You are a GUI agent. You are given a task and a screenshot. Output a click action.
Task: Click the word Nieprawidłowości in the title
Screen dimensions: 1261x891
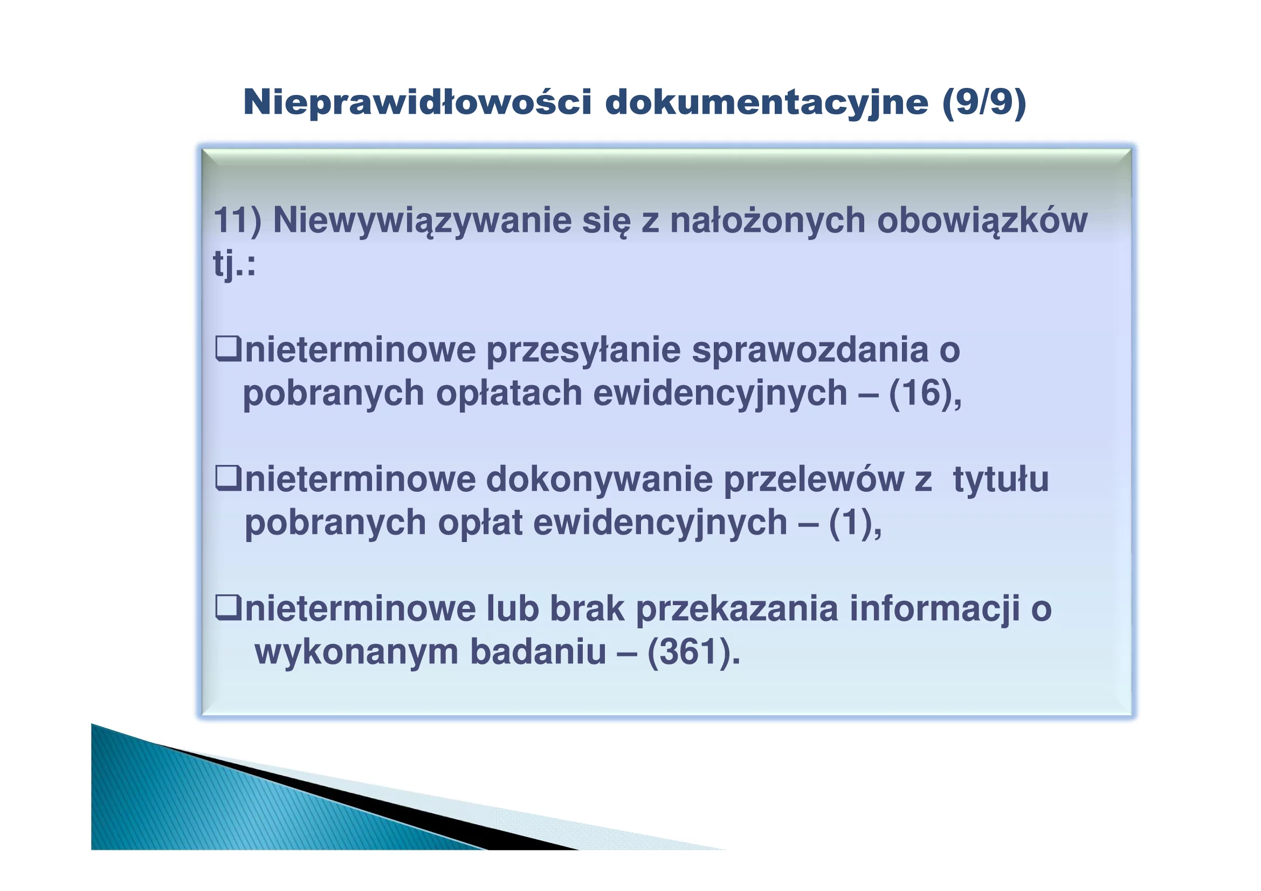[x=418, y=102]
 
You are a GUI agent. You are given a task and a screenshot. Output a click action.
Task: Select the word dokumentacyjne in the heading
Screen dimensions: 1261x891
[x=767, y=102]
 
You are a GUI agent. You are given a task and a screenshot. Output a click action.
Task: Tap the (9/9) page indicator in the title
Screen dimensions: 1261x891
[x=984, y=102]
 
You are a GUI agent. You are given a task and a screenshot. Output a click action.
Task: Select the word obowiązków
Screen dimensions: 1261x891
[x=982, y=221]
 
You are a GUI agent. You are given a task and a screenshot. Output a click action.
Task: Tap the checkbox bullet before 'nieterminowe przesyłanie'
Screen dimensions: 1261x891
[x=228, y=349]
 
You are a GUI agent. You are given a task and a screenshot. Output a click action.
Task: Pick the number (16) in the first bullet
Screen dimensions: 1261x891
[x=920, y=393]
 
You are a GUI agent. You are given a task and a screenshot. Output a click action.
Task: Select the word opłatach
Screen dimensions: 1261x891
[x=508, y=394]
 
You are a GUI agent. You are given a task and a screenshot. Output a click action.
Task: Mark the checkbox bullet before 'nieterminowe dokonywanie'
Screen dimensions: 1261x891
[x=228, y=478]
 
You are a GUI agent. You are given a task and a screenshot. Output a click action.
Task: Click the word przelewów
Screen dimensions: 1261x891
[x=814, y=479]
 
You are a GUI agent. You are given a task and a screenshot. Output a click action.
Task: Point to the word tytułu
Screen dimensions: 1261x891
[x=1000, y=479]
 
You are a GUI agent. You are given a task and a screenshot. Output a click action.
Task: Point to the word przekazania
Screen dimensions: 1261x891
[x=737, y=610]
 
